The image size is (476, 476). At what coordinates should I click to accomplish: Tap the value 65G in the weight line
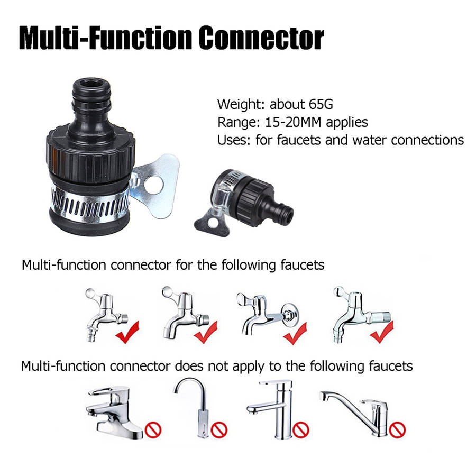(x=321, y=104)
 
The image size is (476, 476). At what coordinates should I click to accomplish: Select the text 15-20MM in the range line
(x=293, y=122)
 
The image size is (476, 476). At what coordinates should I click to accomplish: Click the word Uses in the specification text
(x=233, y=140)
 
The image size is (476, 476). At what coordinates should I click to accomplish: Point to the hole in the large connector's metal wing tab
(x=153, y=185)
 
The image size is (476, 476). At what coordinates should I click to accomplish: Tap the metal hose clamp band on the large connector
(x=89, y=202)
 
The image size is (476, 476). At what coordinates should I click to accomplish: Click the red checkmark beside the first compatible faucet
(x=127, y=333)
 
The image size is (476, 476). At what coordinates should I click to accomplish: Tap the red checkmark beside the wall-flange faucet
(x=295, y=333)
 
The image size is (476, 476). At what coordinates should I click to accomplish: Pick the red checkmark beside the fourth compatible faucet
(x=382, y=332)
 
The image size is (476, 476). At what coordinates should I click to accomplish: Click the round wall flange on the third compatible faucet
(x=289, y=315)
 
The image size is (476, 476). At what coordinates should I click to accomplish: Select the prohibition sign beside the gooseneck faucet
(x=219, y=429)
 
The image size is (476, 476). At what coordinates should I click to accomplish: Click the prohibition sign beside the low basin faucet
(x=153, y=430)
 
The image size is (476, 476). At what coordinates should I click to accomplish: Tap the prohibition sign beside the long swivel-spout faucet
(x=397, y=429)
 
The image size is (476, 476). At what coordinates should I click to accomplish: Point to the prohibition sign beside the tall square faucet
(x=301, y=429)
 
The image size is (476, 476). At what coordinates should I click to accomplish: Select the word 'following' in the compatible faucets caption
(x=249, y=266)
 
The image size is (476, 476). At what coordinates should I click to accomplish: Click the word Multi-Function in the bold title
(x=106, y=38)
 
